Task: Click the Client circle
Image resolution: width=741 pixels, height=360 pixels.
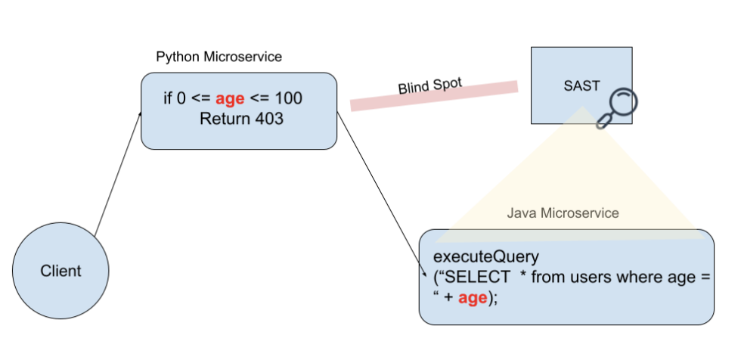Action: (60, 271)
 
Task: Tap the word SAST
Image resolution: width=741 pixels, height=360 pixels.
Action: (581, 85)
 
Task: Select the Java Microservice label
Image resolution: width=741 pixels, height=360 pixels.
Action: (563, 213)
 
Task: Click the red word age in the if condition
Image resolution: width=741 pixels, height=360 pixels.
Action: (230, 99)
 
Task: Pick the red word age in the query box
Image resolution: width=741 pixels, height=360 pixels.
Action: (473, 298)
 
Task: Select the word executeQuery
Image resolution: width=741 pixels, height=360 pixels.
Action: (486, 256)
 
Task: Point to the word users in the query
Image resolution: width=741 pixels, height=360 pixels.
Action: (588, 278)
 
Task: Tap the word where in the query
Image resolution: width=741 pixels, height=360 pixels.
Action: (637, 278)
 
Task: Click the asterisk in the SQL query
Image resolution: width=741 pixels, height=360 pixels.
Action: (523, 276)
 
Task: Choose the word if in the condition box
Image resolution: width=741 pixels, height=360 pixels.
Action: (168, 99)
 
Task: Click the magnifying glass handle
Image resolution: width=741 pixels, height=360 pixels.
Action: (603, 121)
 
